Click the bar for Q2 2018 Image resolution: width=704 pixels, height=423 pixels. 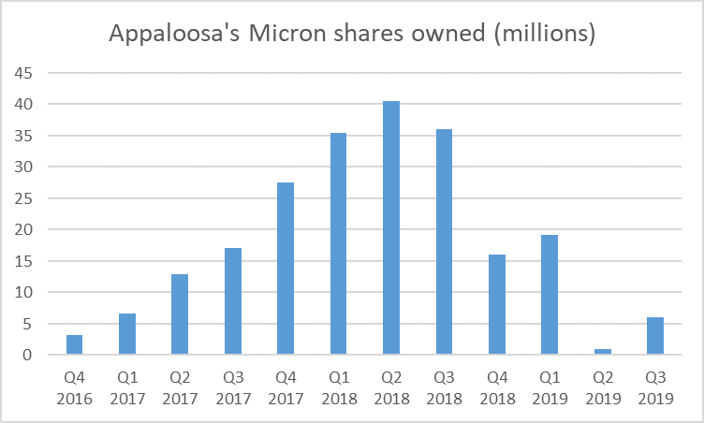(391, 228)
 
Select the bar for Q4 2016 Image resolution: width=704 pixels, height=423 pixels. (74, 344)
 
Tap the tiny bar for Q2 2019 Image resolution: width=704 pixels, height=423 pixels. (603, 352)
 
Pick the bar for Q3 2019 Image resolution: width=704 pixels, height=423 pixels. (655, 336)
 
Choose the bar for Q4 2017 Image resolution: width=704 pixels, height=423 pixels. (286, 269)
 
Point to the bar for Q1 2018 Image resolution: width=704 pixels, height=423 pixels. (338, 244)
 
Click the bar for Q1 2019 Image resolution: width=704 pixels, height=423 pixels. (550, 295)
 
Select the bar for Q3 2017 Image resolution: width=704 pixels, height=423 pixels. (232, 301)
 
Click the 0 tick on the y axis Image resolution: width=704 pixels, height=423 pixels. (30, 356)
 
